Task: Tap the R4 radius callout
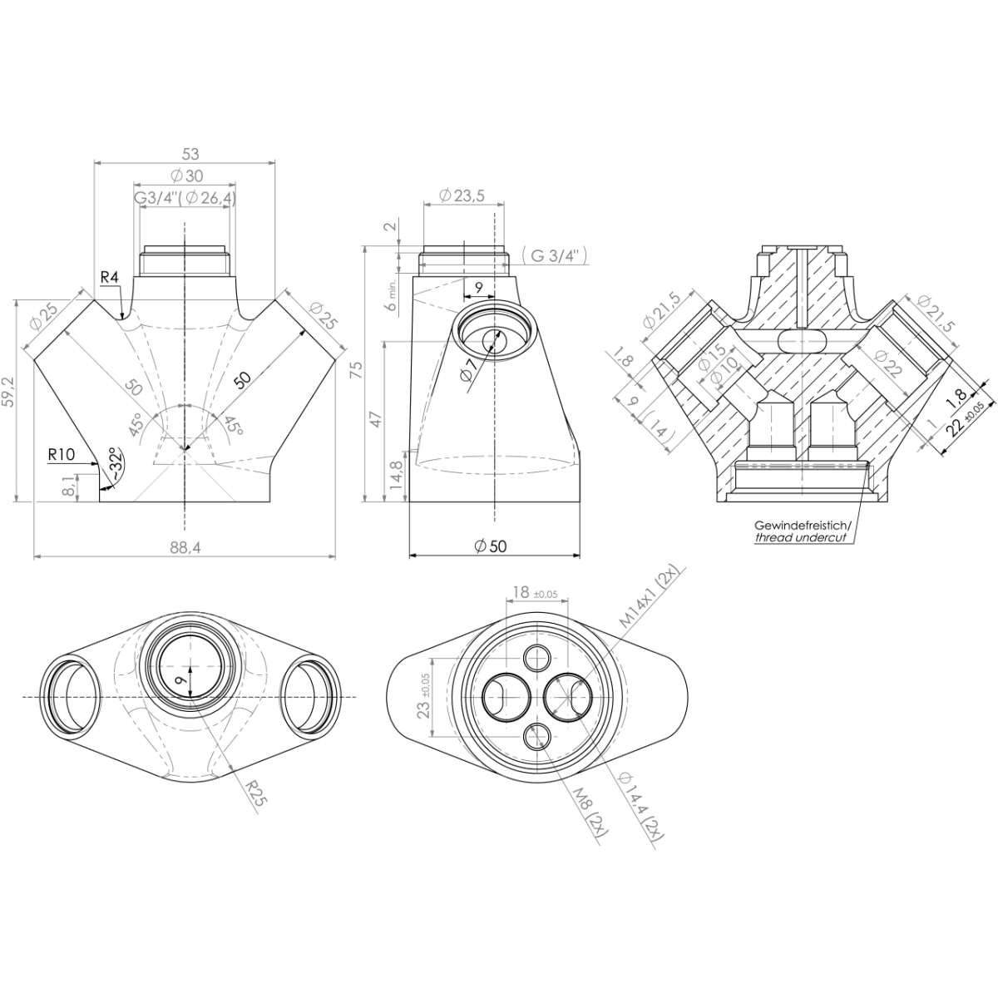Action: tap(108, 276)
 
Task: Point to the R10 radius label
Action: tap(62, 454)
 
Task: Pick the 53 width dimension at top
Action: tap(190, 153)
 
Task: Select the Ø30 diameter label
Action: tap(185, 175)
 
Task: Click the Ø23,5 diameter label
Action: tap(460, 196)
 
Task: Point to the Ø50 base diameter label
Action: tap(490, 546)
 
